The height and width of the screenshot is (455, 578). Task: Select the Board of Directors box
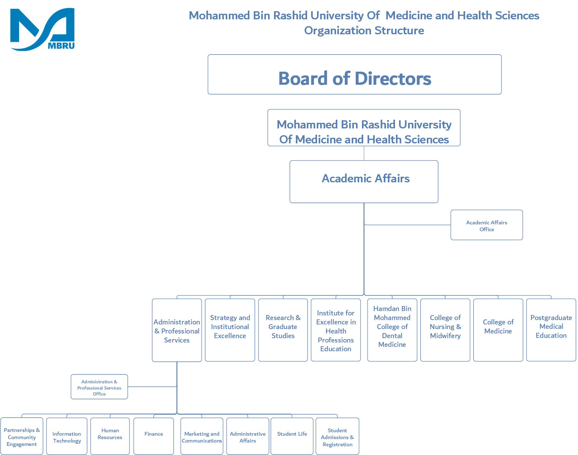tap(354, 75)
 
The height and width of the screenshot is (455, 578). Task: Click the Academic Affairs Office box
tap(486, 225)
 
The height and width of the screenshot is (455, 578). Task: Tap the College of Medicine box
tap(498, 330)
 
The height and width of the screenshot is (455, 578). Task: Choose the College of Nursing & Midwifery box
tap(445, 330)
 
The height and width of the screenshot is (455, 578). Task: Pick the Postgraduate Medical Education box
tap(551, 330)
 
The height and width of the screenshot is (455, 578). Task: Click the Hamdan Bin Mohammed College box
tap(392, 330)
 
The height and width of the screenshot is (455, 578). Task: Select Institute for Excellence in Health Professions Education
tap(336, 330)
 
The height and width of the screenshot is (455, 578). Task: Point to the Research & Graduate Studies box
tap(283, 330)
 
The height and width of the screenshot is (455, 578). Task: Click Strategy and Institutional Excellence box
tap(230, 330)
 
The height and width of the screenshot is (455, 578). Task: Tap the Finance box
tap(153, 436)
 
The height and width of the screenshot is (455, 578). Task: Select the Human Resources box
tap(110, 436)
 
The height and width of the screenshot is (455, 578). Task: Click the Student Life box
tap(292, 436)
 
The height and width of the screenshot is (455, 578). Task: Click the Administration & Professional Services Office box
tap(99, 387)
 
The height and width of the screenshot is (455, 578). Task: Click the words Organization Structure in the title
tap(364, 31)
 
